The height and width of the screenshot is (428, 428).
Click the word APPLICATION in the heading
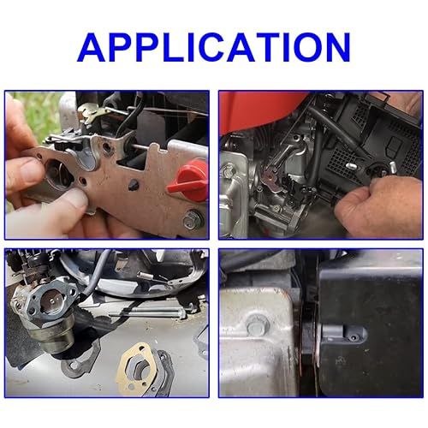tap(214, 47)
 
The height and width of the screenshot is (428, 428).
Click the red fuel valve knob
tap(188, 181)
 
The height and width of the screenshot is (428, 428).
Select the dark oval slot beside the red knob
tap(134, 185)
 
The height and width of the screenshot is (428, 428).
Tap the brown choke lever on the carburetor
tap(269, 178)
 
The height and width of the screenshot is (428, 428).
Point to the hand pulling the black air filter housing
tap(379, 207)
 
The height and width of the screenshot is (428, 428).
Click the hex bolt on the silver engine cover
tap(258, 324)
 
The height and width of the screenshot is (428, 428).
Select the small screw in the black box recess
tap(354, 337)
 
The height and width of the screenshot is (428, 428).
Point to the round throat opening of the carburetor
tap(51, 300)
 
